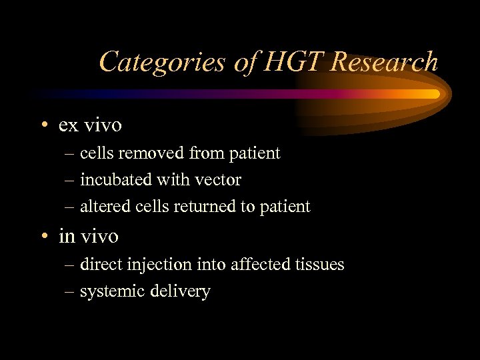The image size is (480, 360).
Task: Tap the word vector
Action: [x=219, y=180]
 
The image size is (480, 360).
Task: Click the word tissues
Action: [x=320, y=265]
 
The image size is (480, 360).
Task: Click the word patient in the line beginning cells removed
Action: [x=255, y=153]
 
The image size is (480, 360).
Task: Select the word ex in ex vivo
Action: [x=67, y=125]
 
